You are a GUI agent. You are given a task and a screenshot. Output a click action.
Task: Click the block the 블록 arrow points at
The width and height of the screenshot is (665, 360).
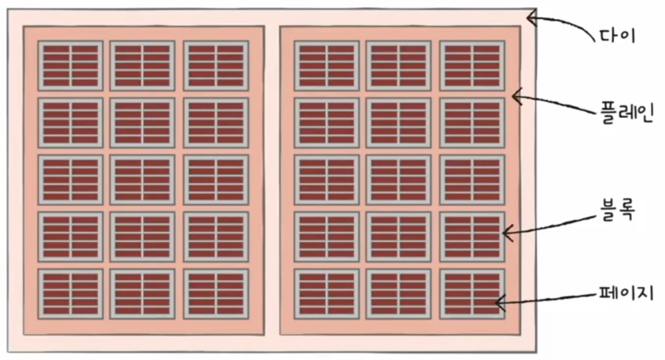point(472,237)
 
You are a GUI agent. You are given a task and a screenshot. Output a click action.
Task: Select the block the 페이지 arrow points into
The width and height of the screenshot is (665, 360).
point(472,294)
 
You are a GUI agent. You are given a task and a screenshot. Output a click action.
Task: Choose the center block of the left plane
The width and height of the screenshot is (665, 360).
point(142,180)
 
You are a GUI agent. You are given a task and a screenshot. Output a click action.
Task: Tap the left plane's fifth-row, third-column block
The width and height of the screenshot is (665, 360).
point(216,294)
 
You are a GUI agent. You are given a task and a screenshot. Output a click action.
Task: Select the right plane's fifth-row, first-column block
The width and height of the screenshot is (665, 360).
point(327,294)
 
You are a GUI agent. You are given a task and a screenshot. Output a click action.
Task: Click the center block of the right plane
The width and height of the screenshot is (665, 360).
point(399,180)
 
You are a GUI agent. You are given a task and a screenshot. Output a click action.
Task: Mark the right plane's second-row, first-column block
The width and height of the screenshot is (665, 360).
point(327,123)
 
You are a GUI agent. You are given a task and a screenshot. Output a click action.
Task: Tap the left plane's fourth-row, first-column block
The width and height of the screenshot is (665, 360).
point(70,237)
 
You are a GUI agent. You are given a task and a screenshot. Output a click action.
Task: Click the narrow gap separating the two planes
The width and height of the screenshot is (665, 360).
point(272,180)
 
